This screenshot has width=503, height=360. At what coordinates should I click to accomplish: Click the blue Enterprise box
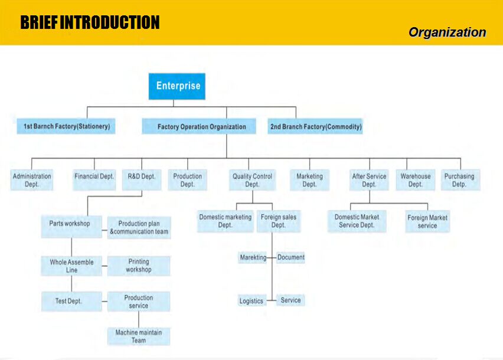click(177, 86)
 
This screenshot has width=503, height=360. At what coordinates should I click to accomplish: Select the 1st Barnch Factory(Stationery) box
click(66, 126)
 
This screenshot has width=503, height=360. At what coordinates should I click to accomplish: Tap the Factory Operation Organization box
click(199, 126)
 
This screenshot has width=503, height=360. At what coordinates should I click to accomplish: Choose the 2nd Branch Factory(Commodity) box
click(315, 126)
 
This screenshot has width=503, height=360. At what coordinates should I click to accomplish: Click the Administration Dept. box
click(32, 180)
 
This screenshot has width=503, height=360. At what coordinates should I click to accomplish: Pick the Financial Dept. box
click(94, 180)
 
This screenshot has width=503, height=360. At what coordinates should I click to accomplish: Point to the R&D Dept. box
click(142, 180)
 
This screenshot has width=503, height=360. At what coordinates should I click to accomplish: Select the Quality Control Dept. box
click(253, 180)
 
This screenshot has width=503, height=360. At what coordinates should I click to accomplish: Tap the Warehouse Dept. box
click(416, 180)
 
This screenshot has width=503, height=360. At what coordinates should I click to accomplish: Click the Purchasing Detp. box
click(460, 180)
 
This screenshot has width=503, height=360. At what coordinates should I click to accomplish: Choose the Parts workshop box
click(71, 227)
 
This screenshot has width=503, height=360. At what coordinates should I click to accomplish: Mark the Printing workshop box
click(139, 266)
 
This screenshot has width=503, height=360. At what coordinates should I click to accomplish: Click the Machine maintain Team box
click(139, 336)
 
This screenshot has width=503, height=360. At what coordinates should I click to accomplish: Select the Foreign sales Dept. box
click(279, 221)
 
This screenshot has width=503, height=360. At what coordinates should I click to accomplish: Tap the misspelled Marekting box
click(253, 257)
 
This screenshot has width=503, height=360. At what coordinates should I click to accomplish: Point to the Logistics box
click(252, 301)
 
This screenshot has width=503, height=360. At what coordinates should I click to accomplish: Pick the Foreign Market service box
click(427, 221)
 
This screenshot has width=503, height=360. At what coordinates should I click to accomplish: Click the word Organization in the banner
click(447, 32)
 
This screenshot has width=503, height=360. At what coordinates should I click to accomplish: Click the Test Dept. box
click(71, 302)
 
